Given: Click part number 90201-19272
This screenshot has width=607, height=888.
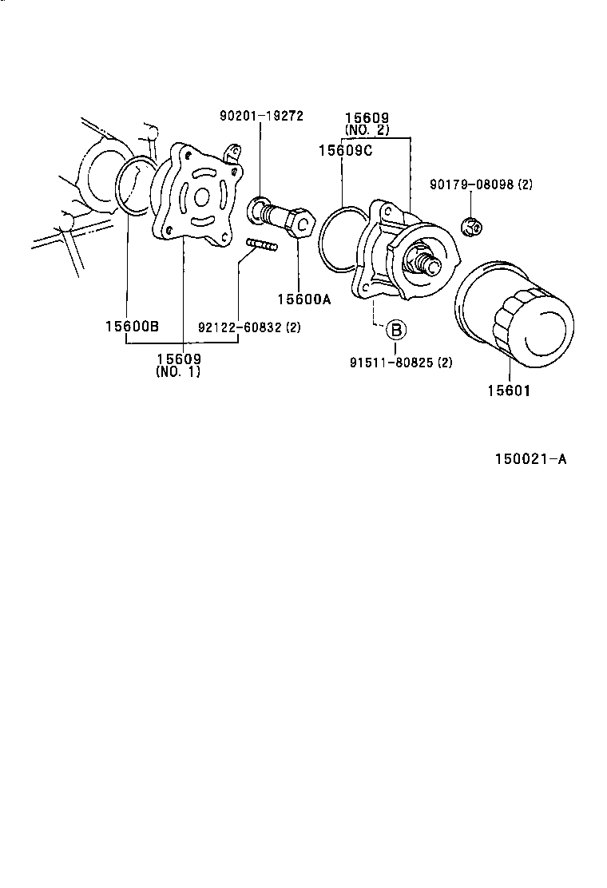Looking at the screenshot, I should [x=261, y=116].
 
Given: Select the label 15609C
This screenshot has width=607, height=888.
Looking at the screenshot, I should [x=344, y=149].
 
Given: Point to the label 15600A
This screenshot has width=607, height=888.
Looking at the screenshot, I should [x=303, y=299].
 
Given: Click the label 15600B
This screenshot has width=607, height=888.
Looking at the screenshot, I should [x=132, y=327].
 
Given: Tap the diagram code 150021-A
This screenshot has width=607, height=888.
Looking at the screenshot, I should [x=530, y=459].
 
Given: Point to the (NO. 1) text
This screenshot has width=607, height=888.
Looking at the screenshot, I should [x=178, y=372].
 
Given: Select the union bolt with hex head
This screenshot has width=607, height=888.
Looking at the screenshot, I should [x=284, y=217].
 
